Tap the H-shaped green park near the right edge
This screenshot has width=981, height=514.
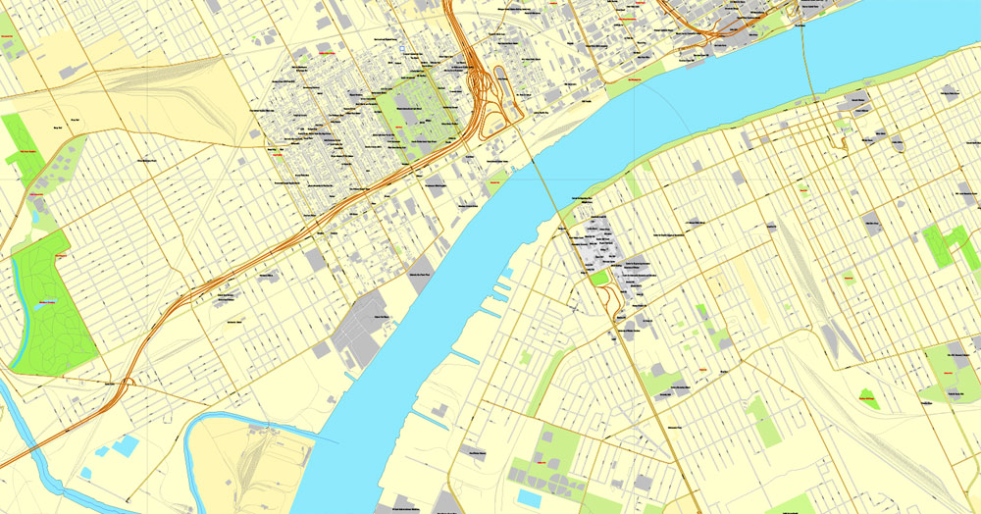pos(943,244)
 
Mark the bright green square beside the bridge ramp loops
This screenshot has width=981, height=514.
pos(599,279)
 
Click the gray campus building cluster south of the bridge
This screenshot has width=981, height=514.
pos(598,240)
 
